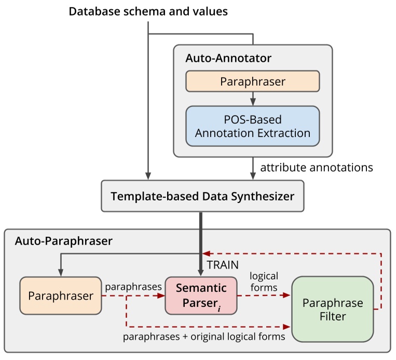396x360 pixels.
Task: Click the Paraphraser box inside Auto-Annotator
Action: click(252, 82)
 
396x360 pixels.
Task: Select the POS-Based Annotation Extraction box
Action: click(252, 126)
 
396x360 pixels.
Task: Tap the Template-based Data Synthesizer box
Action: click(202, 196)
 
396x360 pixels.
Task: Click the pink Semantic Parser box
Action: click(200, 296)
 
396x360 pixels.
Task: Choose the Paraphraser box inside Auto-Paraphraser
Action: click(61, 296)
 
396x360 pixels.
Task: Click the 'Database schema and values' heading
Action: click(148, 11)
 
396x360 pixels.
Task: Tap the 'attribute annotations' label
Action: click(317, 167)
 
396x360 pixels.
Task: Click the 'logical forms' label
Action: click(264, 281)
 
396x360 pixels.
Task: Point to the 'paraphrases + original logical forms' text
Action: click(203, 337)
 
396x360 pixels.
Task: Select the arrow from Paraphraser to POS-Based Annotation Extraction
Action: click(252, 98)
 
